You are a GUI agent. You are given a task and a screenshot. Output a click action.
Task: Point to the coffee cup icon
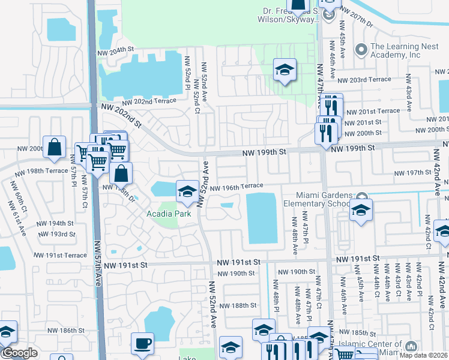(x=142, y=344)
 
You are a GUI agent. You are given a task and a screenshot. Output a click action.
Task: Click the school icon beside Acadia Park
(x=187, y=191)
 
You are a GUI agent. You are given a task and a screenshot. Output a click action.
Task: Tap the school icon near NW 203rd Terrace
(x=285, y=70)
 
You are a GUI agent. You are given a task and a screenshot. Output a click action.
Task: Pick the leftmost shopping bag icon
(x=55, y=148)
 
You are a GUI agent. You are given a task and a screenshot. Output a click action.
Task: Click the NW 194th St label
(x=55, y=223)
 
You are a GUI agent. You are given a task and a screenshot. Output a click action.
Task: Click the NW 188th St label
(x=238, y=305)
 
